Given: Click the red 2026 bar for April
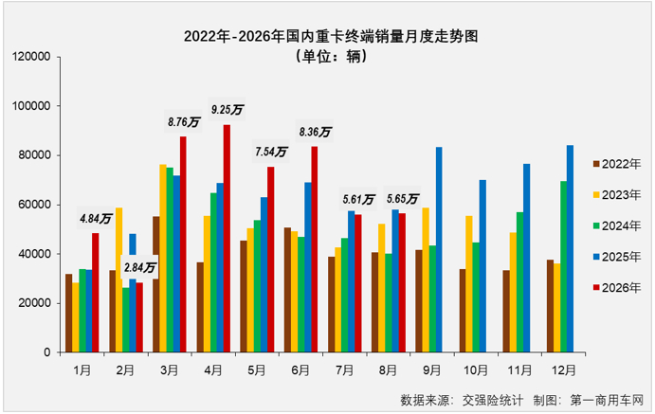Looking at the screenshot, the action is coord(227,239).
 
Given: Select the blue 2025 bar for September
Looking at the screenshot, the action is coord(439,249).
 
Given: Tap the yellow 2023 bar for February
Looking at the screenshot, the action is coord(119,280).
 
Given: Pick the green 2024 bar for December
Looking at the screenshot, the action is coord(563,266).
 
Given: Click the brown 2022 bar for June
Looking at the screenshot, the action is coord(288,290).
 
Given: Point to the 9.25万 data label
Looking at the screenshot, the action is coord(227,110).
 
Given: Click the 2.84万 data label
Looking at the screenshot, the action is coord(139,267).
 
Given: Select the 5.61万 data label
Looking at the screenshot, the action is coord(358,200).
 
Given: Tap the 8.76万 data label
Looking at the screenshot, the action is coord(184,122).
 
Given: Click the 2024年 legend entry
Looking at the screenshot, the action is coord(617,226).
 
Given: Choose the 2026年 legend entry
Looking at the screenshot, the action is coord(617,288).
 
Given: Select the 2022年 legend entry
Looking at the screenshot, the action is coord(617,165).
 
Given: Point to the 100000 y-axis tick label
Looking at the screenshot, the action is coord(31,106).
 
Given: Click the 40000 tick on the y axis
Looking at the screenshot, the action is coord(34,254).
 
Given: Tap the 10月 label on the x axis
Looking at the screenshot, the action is coord(476,370).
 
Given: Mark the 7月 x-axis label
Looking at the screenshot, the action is coord(345,370).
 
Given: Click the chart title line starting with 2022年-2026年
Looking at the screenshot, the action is coord(331,36).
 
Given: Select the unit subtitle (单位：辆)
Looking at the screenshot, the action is coord(331,56).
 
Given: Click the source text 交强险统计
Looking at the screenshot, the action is coord(493,400).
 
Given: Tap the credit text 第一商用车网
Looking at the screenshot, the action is coord(607,400).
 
